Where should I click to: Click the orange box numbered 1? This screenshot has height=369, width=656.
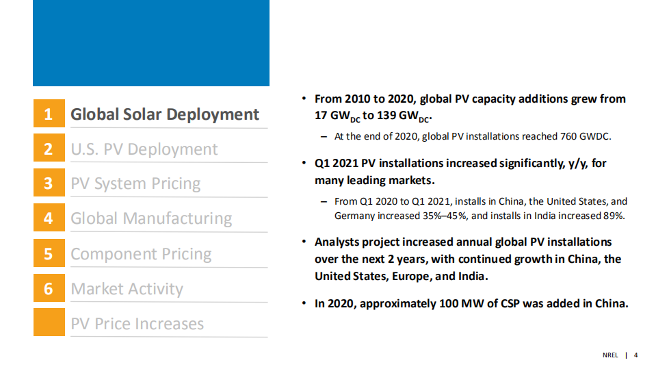pos(49,114)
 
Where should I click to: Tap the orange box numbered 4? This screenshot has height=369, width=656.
pos(49,218)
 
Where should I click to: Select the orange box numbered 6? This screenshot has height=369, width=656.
pos(49,288)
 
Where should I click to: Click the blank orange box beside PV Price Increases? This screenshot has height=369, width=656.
pos(49,322)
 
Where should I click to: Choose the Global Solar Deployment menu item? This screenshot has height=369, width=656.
pos(165,114)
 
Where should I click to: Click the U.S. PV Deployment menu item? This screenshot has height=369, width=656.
pos(144,149)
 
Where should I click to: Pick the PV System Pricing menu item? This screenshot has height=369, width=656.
pos(135,184)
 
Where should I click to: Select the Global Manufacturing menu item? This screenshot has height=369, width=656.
pos(151,219)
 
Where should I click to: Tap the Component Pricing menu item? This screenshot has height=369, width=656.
pos(141,254)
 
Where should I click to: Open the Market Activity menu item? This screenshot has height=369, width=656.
pos(127,289)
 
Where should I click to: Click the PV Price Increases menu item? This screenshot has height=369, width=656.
pos(137,324)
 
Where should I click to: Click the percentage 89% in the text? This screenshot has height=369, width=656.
pos(614,216)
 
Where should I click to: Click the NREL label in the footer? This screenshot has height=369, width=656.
pos(610,355)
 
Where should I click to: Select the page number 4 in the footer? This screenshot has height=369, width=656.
pos(636,355)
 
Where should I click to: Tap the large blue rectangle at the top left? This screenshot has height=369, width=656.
pos(151,43)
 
